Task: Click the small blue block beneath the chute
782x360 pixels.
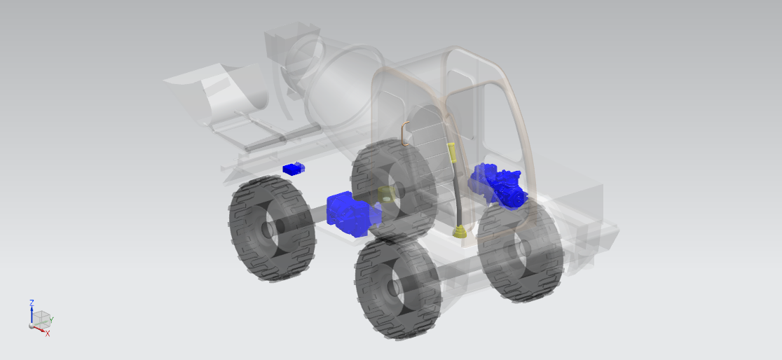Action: (x=293, y=169)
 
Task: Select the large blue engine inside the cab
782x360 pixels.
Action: (x=498, y=186)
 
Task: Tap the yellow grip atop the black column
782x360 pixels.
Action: (x=451, y=153)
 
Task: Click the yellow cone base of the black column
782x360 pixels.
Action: (x=460, y=232)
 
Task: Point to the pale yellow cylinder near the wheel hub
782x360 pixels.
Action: (x=385, y=195)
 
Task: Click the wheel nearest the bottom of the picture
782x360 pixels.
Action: (x=398, y=287)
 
